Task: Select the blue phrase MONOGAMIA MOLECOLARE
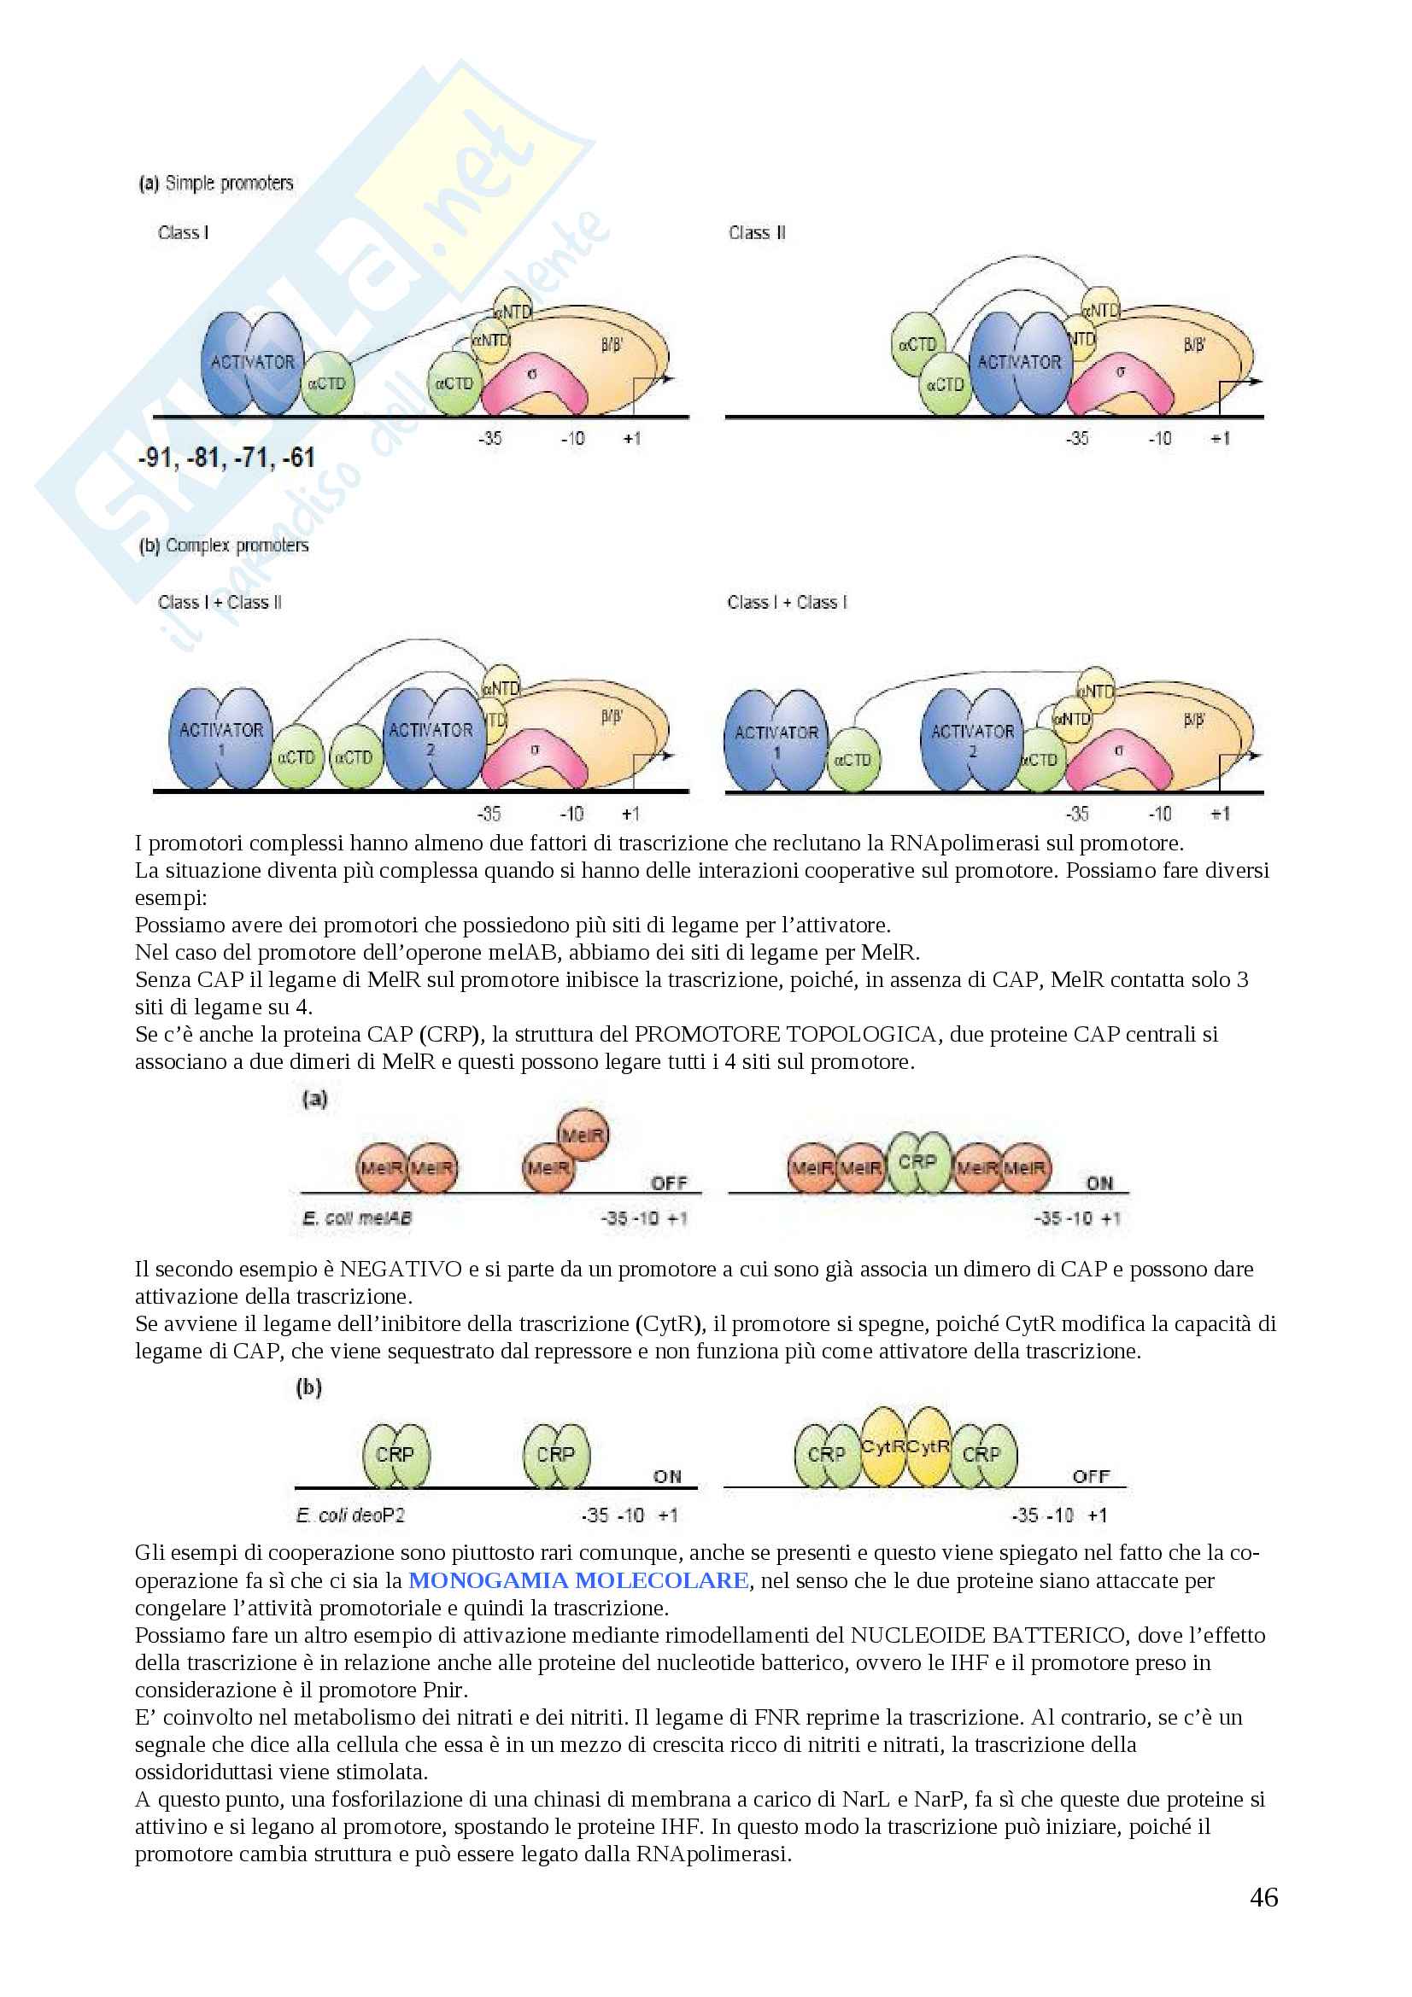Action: click(578, 1579)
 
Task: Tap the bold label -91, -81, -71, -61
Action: click(226, 458)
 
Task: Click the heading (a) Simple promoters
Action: click(217, 183)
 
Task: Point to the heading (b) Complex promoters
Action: click(224, 546)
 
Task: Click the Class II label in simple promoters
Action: click(757, 232)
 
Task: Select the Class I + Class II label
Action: click(220, 602)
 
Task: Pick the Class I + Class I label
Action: click(788, 602)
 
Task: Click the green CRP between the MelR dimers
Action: click(918, 1162)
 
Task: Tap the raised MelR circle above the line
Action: click(583, 1135)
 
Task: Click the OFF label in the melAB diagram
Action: click(669, 1182)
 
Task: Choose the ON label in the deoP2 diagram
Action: click(667, 1476)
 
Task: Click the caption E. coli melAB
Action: click(357, 1218)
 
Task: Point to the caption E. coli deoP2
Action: click(349, 1515)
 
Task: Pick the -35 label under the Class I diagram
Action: click(489, 438)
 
